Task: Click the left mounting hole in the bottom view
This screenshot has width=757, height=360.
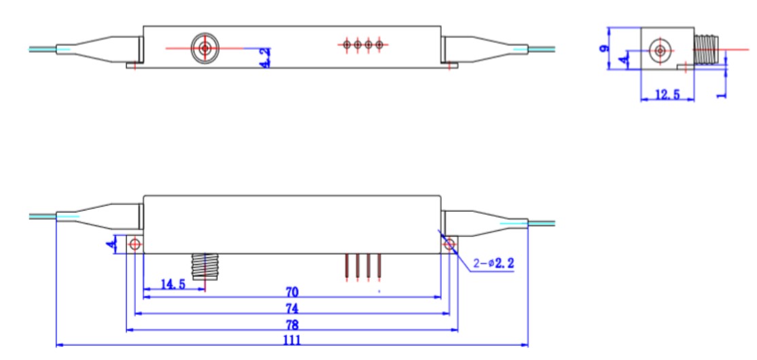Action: (x=135, y=244)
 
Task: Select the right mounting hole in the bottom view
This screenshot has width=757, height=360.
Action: (x=449, y=244)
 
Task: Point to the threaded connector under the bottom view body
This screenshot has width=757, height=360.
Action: (x=204, y=266)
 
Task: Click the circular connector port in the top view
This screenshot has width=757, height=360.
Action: (x=204, y=48)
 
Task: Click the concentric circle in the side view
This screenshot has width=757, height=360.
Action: (x=659, y=50)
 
